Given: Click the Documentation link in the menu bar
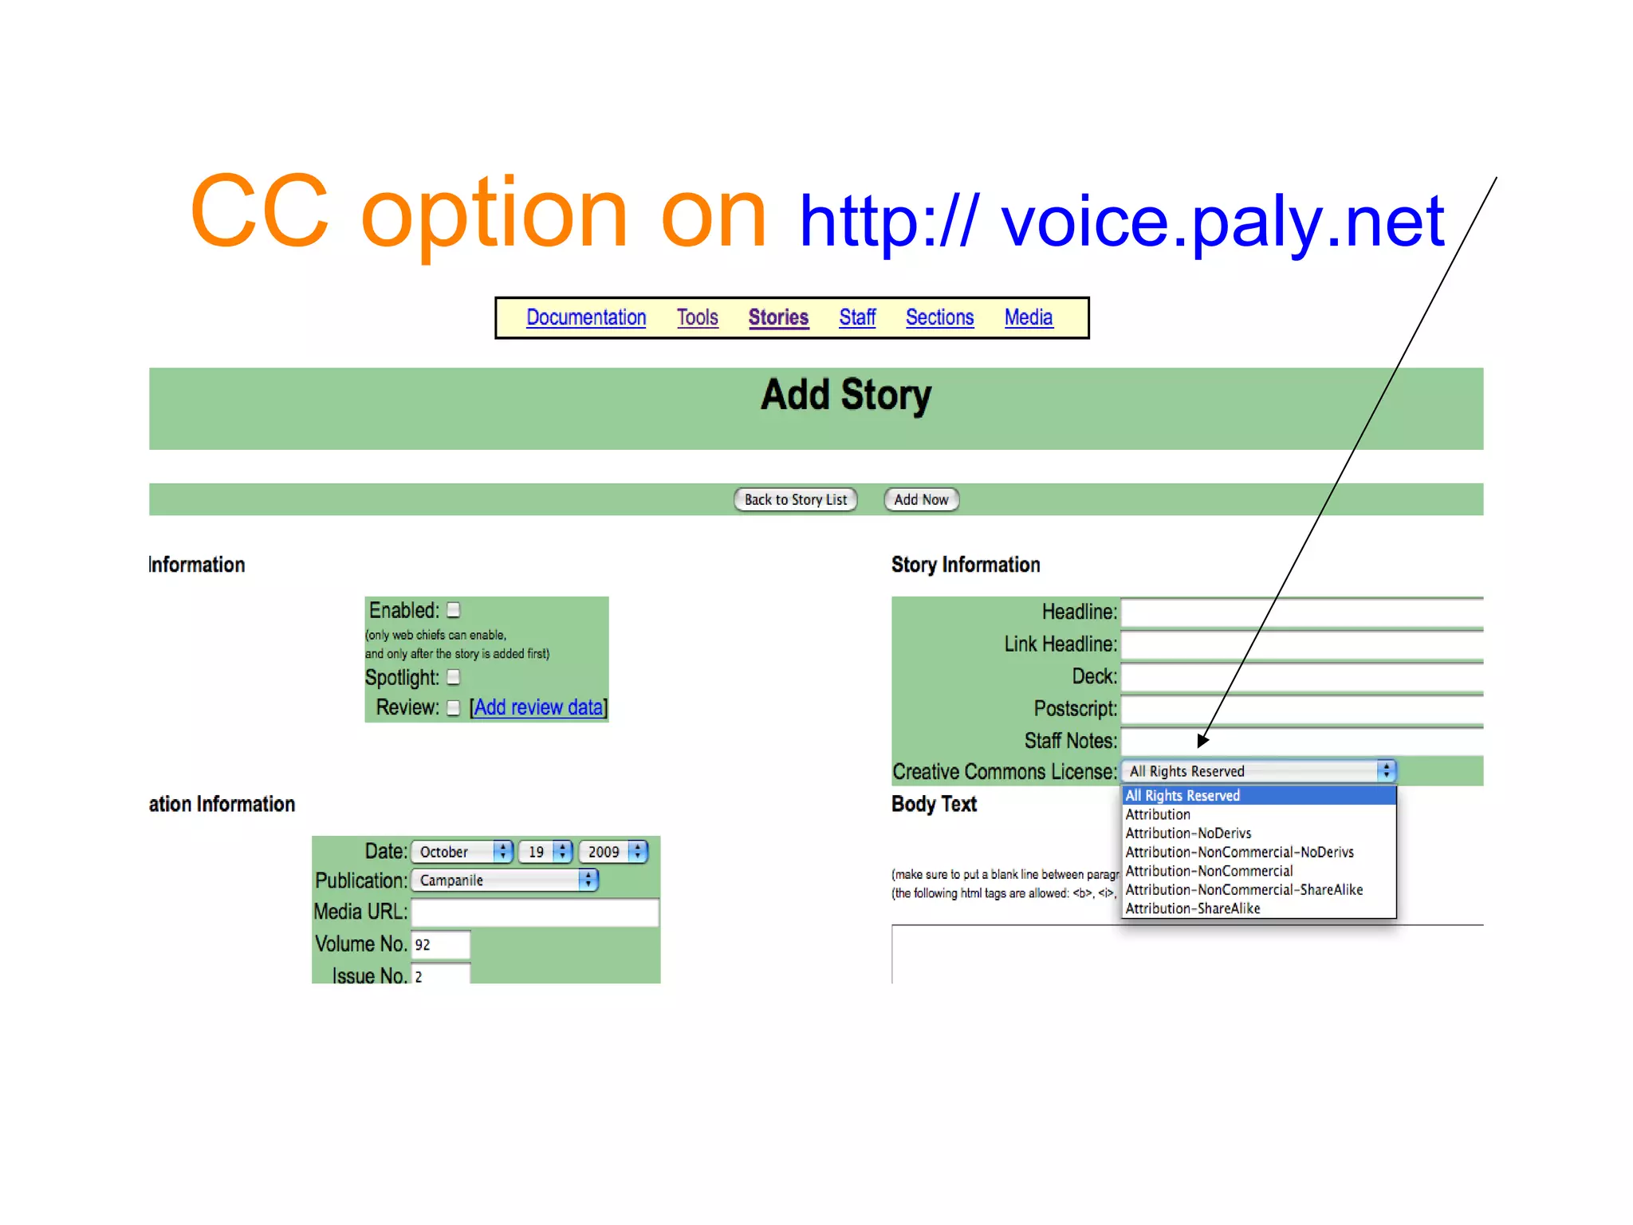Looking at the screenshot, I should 586,317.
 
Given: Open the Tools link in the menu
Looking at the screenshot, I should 697,317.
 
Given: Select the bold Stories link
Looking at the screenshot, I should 778,317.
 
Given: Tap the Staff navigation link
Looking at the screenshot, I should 857,317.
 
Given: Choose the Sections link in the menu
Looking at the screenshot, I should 939,317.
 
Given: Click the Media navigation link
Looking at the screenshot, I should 1028,317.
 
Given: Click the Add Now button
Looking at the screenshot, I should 921,499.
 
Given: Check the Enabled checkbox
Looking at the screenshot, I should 454,610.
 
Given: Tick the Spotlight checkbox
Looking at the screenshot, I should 454,677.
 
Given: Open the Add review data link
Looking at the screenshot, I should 538,707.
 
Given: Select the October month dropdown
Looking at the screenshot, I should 462,852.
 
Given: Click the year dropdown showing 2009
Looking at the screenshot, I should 612,852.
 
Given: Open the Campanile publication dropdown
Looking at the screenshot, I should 504,880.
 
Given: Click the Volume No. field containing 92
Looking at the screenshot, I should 440,945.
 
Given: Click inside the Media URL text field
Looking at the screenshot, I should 534,912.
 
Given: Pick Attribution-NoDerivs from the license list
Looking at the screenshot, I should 1188,833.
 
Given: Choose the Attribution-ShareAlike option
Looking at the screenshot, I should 1193,908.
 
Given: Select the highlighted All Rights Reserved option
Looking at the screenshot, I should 1182,795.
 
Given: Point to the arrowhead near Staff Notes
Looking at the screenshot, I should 1203,740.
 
